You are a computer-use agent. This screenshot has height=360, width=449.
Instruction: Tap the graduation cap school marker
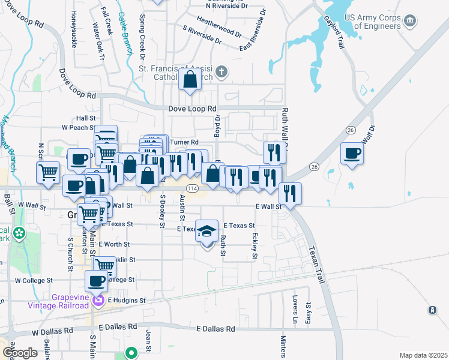pos(206,232)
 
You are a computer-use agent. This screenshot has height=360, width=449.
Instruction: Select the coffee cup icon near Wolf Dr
pos(352,154)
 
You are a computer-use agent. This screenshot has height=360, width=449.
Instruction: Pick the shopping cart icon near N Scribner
pos(49,173)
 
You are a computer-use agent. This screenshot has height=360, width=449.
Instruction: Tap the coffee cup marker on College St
pos(97,281)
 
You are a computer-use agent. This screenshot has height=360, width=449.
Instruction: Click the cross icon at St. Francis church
pos(221,73)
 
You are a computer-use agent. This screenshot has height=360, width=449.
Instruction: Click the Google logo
pos(20,352)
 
